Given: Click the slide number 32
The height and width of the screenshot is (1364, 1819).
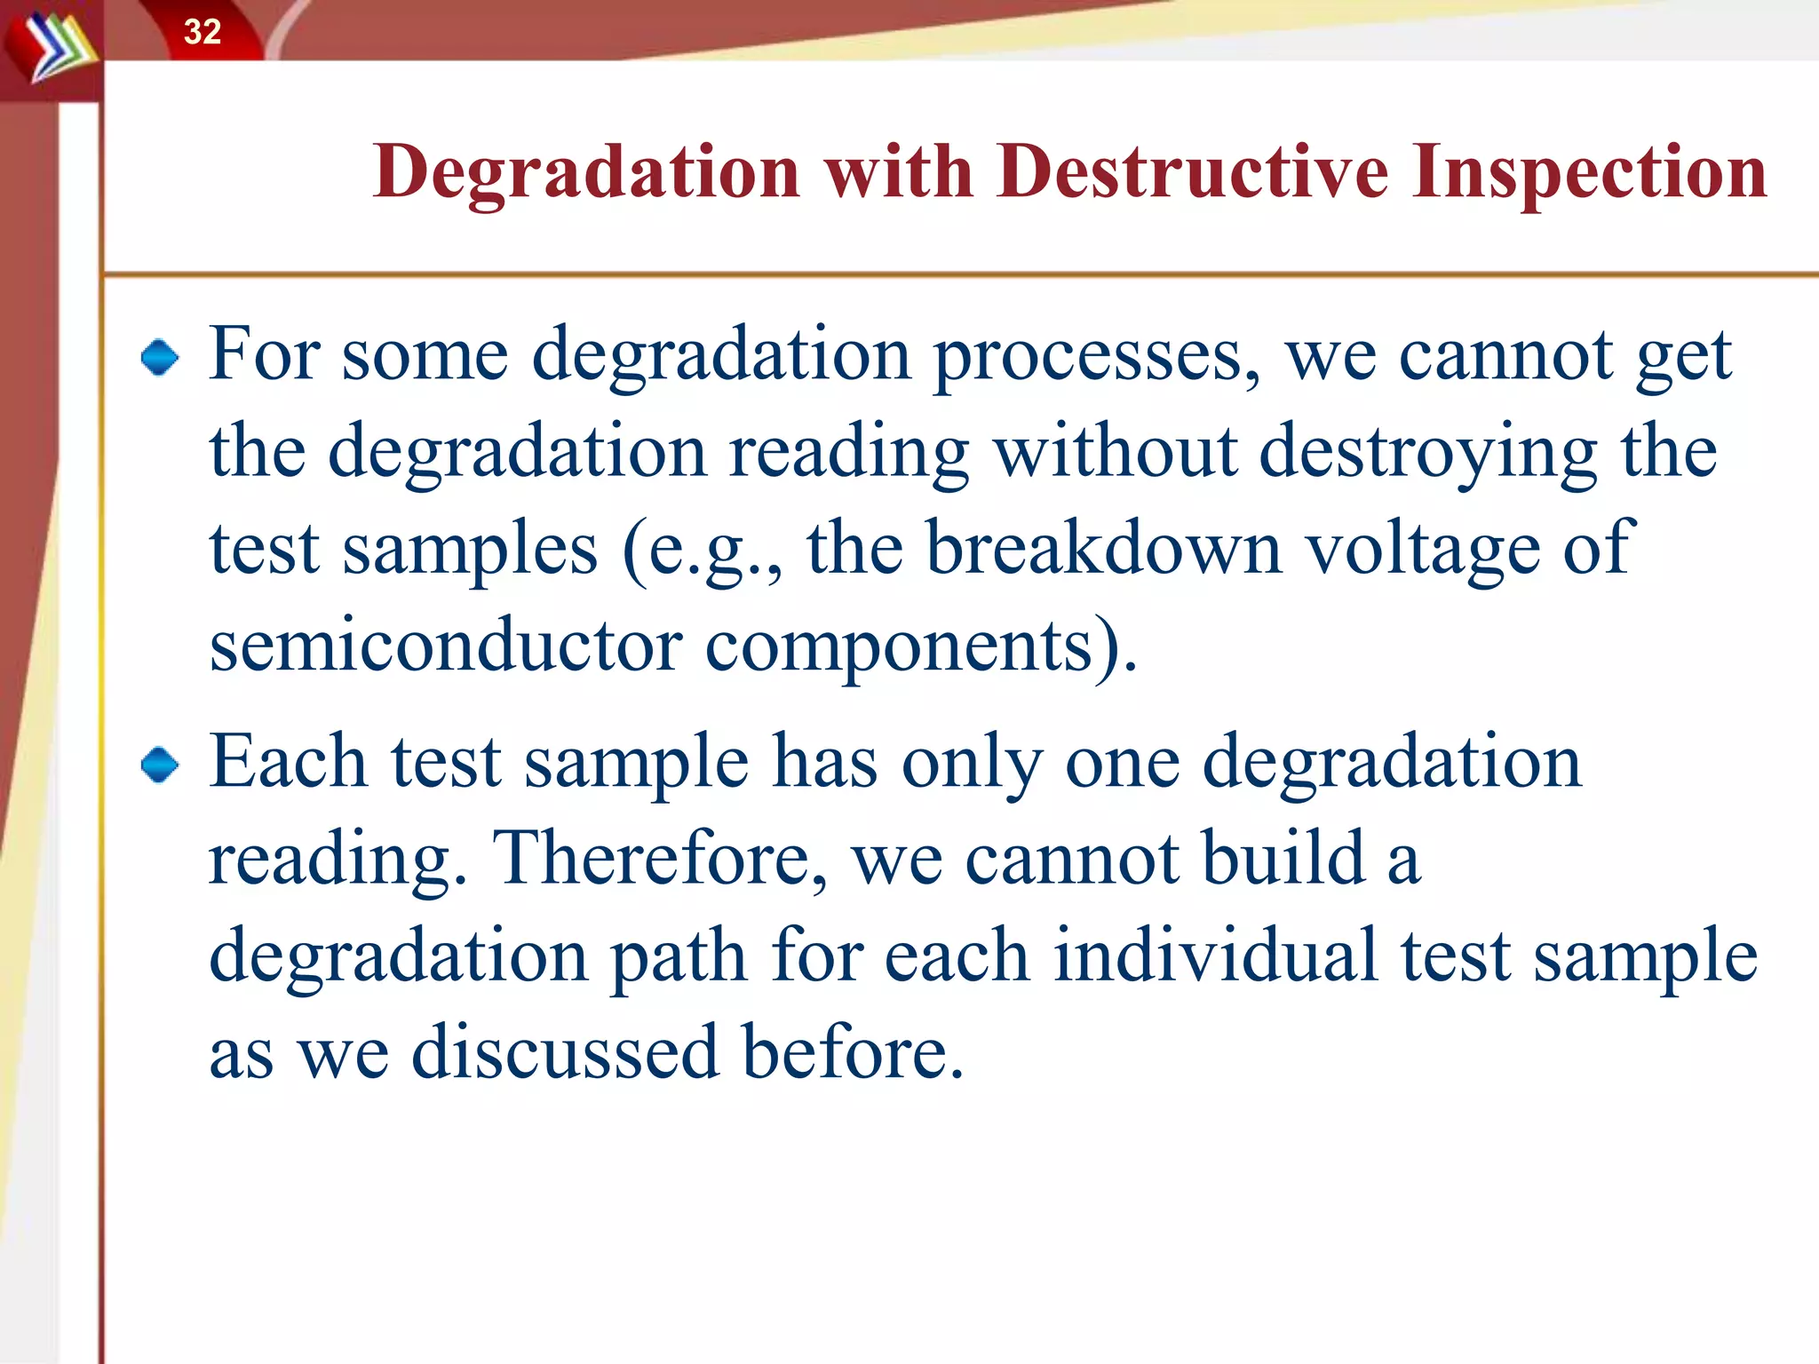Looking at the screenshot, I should tap(203, 32).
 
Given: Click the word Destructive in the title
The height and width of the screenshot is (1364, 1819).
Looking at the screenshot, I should tap(1192, 170).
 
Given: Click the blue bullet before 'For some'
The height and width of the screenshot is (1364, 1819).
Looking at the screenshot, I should tap(160, 358).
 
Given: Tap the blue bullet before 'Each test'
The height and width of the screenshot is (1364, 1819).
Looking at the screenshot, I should tap(160, 765).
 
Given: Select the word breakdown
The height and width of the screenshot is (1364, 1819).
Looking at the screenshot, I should tap(1104, 548).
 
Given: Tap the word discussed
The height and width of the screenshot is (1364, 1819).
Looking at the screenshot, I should tap(565, 1052).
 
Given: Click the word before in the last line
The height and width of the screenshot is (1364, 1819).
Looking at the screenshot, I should tap(853, 1052).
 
